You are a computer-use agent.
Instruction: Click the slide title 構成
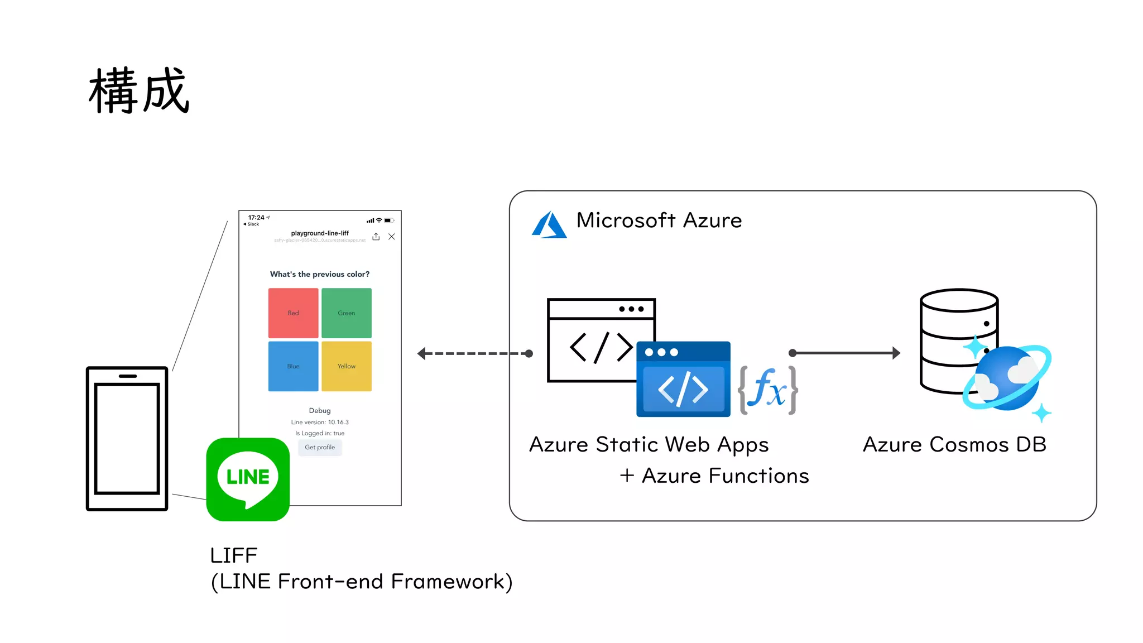click(140, 90)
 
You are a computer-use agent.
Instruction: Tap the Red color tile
click(293, 313)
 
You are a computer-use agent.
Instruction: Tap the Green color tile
click(346, 313)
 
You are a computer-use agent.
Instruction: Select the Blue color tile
click(293, 366)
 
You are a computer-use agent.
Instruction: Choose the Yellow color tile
click(346, 366)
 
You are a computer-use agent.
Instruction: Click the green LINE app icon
click(248, 479)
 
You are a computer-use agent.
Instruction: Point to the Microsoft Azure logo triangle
click(549, 225)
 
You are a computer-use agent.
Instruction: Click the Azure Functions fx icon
click(768, 390)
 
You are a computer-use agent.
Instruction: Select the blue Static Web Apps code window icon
click(683, 380)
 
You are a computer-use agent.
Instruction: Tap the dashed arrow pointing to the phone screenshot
click(474, 353)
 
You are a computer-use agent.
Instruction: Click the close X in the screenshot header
click(392, 237)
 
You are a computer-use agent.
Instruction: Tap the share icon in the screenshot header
click(376, 237)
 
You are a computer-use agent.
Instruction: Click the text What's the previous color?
click(320, 274)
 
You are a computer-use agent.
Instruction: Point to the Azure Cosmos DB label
click(954, 445)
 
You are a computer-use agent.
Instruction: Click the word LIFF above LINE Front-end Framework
click(233, 555)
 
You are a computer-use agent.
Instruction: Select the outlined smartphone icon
click(127, 438)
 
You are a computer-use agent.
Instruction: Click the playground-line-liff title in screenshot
click(320, 233)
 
